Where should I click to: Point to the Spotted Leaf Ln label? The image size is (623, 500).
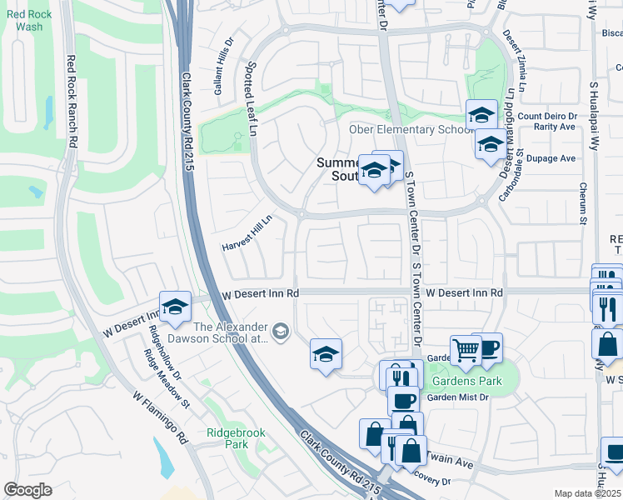pyautogui.click(x=250, y=97)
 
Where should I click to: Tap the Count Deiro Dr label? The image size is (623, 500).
pyautogui.click(x=547, y=117)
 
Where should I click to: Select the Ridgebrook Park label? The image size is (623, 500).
pyautogui.click(x=227, y=438)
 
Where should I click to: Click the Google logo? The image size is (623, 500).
pyautogui.click(x=27, y=490)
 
